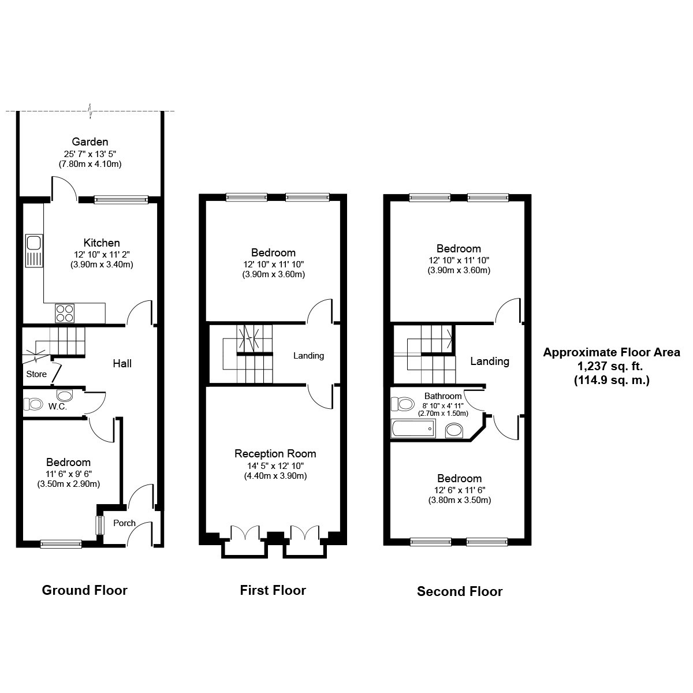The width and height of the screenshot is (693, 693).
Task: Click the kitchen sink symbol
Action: pos(34,251)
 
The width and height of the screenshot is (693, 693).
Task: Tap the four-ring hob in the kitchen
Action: pos(65,313)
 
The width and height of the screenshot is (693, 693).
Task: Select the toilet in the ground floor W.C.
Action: pos(33,404)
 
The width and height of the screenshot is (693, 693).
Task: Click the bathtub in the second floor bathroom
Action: pos(413,429)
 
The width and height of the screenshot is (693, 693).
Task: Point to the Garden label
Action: pos(90,141)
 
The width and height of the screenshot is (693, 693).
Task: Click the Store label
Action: pos(36,374)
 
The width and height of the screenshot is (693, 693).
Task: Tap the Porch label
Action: pos(124,523)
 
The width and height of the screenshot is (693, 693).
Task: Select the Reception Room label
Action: pos(275,453)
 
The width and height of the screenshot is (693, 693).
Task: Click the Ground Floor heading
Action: pos(84,590)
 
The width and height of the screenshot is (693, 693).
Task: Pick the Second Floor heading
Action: pos(460,591)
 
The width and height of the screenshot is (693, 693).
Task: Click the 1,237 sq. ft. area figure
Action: pos(610,366)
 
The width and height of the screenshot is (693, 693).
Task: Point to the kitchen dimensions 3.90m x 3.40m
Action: pos(102,264)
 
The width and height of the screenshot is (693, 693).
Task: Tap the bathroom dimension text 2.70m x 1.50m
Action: pos(443,413)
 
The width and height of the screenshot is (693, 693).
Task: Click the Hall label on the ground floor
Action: pos(122,364)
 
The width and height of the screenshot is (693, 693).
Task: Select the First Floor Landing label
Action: pos(308,356)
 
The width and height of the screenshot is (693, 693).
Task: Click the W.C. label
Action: pos(58,407)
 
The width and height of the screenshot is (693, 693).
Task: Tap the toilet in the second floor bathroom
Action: pos(402,404)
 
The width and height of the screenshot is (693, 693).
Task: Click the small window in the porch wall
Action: pos(99,525)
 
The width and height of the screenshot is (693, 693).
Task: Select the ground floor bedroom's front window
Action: pos(61,544)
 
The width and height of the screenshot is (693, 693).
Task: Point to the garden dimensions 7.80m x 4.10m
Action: pos(90,164)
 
